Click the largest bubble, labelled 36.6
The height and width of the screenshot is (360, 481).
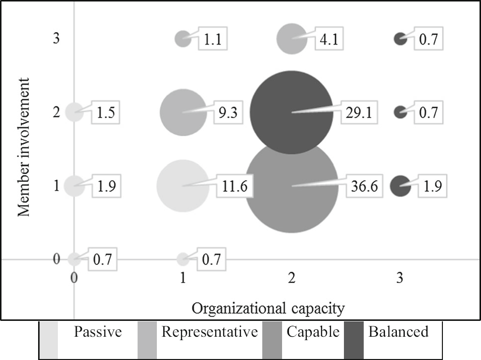tap(291, 198)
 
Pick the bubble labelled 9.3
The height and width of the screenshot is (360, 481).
tap(183, 112)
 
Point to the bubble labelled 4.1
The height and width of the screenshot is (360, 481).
tap(291, 38)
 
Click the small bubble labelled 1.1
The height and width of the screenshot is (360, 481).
tap(183, 38)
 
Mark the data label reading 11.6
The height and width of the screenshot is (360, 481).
tap(235, 186)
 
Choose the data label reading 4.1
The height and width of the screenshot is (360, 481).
tap(327, 39)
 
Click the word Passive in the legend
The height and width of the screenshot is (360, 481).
tap(97, 331)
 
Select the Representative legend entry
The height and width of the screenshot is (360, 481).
tap(209, 331)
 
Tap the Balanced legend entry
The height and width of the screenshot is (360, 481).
tap(398, 331)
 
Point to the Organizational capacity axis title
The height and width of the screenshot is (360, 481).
tap(268, 308)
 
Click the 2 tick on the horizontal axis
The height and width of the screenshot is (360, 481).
tap(292, 278)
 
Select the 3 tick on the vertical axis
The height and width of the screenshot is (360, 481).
tap(56, 39)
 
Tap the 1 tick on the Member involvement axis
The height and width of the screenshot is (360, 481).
tap(56, 186)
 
